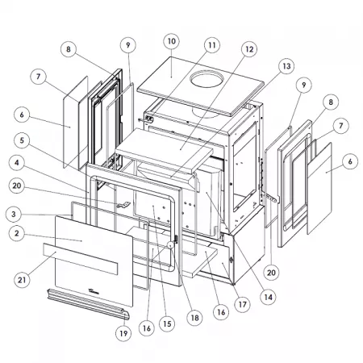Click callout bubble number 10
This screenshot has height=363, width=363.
click(x=172, y=41)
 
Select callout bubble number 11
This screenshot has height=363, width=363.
click(x=212, y=45)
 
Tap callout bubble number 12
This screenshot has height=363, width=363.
click(x=249, y=49)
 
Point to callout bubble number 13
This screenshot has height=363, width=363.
click(x=286, y=66)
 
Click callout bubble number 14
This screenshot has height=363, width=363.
click(x=269, y=297)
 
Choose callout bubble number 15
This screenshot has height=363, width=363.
click(x=167, y=323)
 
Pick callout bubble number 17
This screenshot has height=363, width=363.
click(x=243, y=305)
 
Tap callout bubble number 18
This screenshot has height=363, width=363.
click(x=194, y=318)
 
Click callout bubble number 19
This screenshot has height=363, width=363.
click(x=123, y=333)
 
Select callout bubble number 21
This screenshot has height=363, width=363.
click(x=22, y=280)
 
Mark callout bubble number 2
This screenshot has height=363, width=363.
click(x=17, y=233)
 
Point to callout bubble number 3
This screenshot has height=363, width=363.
click(x=14, y=215)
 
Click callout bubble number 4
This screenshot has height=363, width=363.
click(x=17, y=163)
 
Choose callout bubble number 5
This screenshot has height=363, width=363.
click(x=22, y=140)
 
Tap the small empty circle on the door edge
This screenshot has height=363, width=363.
click(x=170, y=245)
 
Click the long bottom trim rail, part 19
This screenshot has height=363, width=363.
click(x=89, y=304)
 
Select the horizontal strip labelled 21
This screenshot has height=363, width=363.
click(x=81, y=259)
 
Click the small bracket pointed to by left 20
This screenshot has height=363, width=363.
click(x=123, y=205)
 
